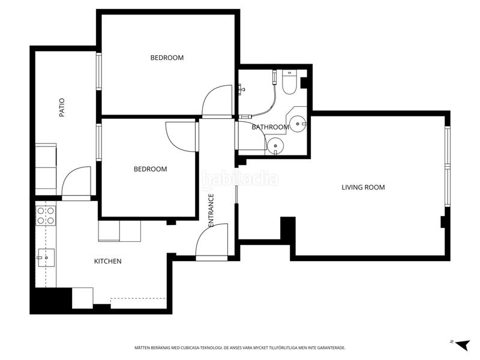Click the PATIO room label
click(x=62, y=107)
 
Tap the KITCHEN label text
click(x=108, y=262)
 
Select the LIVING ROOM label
click(x=363, y=187)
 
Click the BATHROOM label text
click(x=271, y=127)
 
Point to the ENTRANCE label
click(x=211, y=211)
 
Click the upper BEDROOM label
click(x=167, y=58)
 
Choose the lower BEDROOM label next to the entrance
click(x=151, y=169)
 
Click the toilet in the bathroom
click(x=289, y=82)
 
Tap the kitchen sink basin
click(x=46, y=258)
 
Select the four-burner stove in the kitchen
click(x=46, y=215)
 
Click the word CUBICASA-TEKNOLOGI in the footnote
click(x=202, y=348)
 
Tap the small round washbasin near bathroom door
click(x=275, y=145)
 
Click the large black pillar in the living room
click(x=288, y=228)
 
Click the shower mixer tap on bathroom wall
click(x=242, y=89)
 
